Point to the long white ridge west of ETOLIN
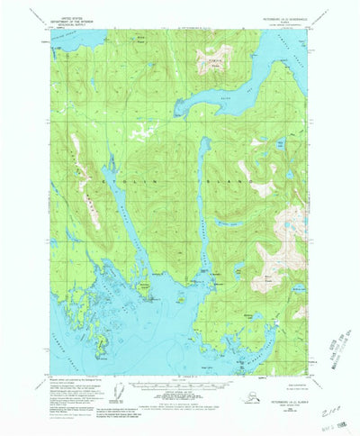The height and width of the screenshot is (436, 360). coord(85,180)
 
